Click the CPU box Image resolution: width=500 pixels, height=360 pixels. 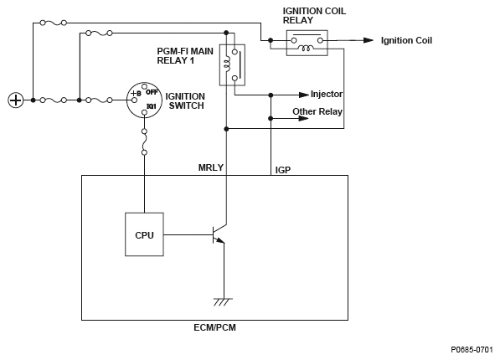point(144,234)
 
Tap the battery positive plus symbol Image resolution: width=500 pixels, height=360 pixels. point(16,100)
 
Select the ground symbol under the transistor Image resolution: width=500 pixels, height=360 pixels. point(224,301)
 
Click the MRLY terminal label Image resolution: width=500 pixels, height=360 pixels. point(211,167)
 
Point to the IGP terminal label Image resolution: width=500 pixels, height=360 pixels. point(283,170)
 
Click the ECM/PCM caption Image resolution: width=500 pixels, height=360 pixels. point(214,327)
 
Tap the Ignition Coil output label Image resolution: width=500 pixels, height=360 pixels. point(406,40)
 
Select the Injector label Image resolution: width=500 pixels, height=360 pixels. point(327,94)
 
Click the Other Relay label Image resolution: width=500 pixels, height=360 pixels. point(317,111)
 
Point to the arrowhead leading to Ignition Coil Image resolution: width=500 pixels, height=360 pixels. point(369,40)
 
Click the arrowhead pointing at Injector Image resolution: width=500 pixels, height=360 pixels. point(304,95)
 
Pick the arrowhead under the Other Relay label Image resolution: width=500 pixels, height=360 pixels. point(304,119)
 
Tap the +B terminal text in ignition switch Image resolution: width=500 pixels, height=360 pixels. point(136,94)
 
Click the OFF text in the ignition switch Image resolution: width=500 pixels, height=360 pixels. point(152,92)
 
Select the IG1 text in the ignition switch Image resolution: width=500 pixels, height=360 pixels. point(151,106)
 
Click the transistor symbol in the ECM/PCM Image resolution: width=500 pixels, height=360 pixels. point(219,234)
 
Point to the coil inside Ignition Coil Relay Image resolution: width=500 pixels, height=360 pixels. point(306,49)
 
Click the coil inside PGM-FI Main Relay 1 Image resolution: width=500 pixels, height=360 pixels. point(227,63)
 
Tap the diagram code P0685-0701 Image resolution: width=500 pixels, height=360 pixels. point(472,350)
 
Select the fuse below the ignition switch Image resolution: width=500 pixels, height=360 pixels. point(144,141)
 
